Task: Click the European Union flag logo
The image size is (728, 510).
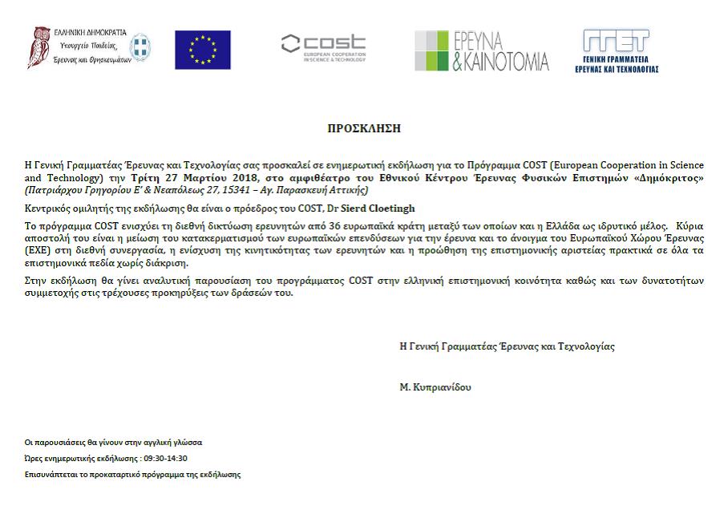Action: tap(203, 50)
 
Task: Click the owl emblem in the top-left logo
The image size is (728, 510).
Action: tap(40, 46)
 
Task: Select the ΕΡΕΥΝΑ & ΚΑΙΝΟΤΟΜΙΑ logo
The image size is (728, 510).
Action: tap(481, 51)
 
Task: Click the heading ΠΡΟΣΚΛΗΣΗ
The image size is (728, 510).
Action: tap(364, 128)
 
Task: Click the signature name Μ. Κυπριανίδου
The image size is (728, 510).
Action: tap(435, 387)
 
